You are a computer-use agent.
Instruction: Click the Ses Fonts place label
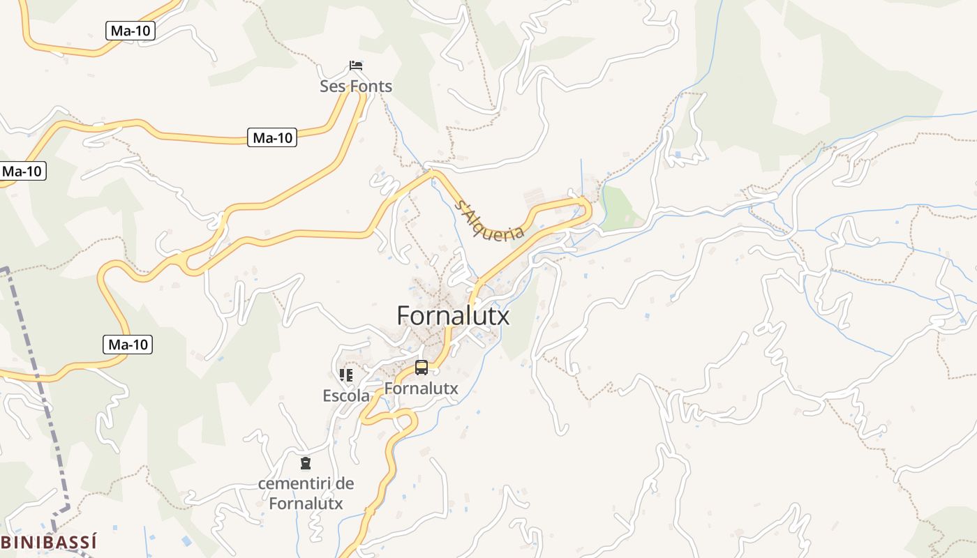point(356,86)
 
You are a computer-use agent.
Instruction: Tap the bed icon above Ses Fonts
point(356,66)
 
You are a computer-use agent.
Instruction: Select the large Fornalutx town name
point(453,316)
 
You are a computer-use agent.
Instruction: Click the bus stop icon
point(422,368)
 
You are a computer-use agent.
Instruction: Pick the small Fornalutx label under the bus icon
point(422,388)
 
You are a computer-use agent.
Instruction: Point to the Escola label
point(346,395)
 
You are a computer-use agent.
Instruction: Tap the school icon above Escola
point(346,375)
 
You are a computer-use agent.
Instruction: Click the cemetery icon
point(305,462)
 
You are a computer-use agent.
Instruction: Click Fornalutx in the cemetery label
point(306,502)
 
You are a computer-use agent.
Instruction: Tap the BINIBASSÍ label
point(47,542)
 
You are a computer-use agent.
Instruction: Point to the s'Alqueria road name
point(488,220)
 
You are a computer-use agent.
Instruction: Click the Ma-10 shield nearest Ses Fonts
point(272,137)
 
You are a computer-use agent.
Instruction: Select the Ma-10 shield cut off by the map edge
point(22,171)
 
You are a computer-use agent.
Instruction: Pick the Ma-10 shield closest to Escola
point(128,344)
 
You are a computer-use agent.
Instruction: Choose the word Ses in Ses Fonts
point(331,86)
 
